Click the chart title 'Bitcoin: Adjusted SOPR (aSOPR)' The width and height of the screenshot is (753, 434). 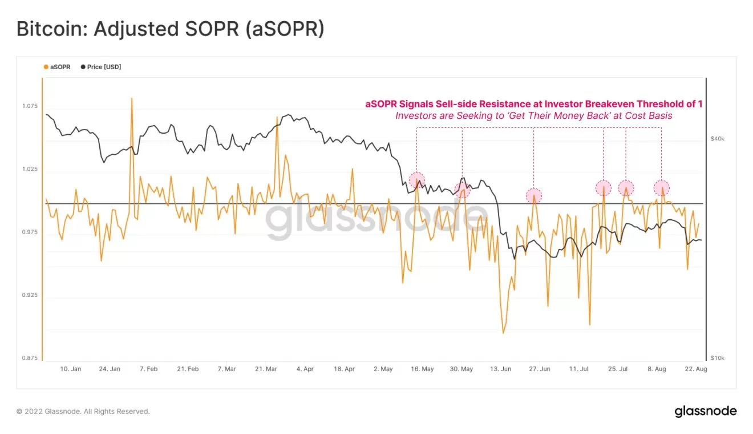pyautogui.click(x=170, y=29)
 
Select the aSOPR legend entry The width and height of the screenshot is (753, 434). pyautogui.click(x=57, y=67)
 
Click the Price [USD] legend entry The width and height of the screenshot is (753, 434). pyautogui.click(x=101, y=67)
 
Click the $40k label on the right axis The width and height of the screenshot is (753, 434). pyautogui.click(x=717, y=139)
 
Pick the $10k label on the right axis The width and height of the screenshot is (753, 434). pyautogui.click(x=717, y=358)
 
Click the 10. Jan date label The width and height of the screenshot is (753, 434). pyautogui.click(x=71, y=369)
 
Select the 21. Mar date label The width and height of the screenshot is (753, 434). pyautogui.click(x=266, y=369)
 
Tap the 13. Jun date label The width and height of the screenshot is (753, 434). pyautogui.click(x=500, y=369)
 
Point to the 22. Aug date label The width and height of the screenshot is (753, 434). pyautogui.click(x=695, y=369)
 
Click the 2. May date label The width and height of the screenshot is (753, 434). pyautogui.click(x=383, y=369)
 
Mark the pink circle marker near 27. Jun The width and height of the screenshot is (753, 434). pyautogui.click(x=533, y=196)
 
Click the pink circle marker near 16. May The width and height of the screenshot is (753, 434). pyautogui.click(x=417, y=180)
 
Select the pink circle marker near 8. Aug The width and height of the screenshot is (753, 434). pyautogui.click(x=661, y=188)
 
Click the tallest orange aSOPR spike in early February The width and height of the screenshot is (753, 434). pyautogui.click(x=132, y=99)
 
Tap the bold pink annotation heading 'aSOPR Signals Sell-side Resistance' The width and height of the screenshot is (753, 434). pyautogui.click(x=533, y=104)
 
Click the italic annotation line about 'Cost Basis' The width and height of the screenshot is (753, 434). pyautogui.click(x=533, y=115)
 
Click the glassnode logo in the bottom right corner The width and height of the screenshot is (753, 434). pyautogui.click(x=706, y=411)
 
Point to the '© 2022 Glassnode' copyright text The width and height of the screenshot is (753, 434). pyautogui.click(x=83, y=411)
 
